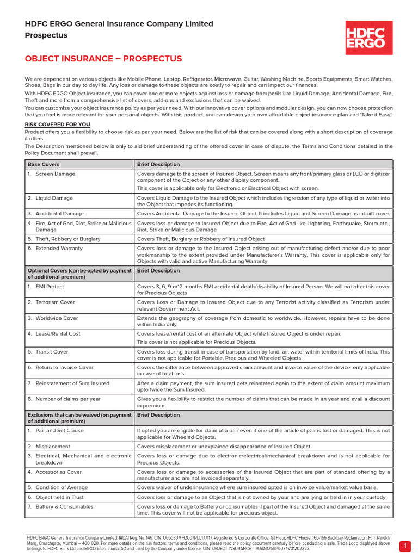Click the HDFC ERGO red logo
pyautogui.click(x=369, y=38)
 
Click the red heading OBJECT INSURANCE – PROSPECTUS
pyautogui.click(x=103, y=59)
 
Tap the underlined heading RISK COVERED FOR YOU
pyautogui.click(x=57, y=125)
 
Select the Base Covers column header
pyautogui.click(x=44, y=164)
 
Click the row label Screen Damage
pyautogui.click(x=55, y=174)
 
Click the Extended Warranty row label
pyautogui.click(x=59, y=248)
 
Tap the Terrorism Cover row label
pyautogui.click(x=55, y=301)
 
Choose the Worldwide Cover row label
pyautogui.click(x=57, y=318)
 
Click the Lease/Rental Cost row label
pyautogui.click(x=58, y=333)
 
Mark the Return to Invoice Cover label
pyautogui.click(x=64, y=367)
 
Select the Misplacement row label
pyautogui.click(x=53, y=447)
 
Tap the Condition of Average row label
pyautogui.click(x=62, y=487)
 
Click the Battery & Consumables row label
pyautogui.click(x=64, y=506)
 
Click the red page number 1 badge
pyautogui.click(x=405, y=545)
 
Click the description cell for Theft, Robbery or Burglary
pyautogui.click(x=201, y=239)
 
